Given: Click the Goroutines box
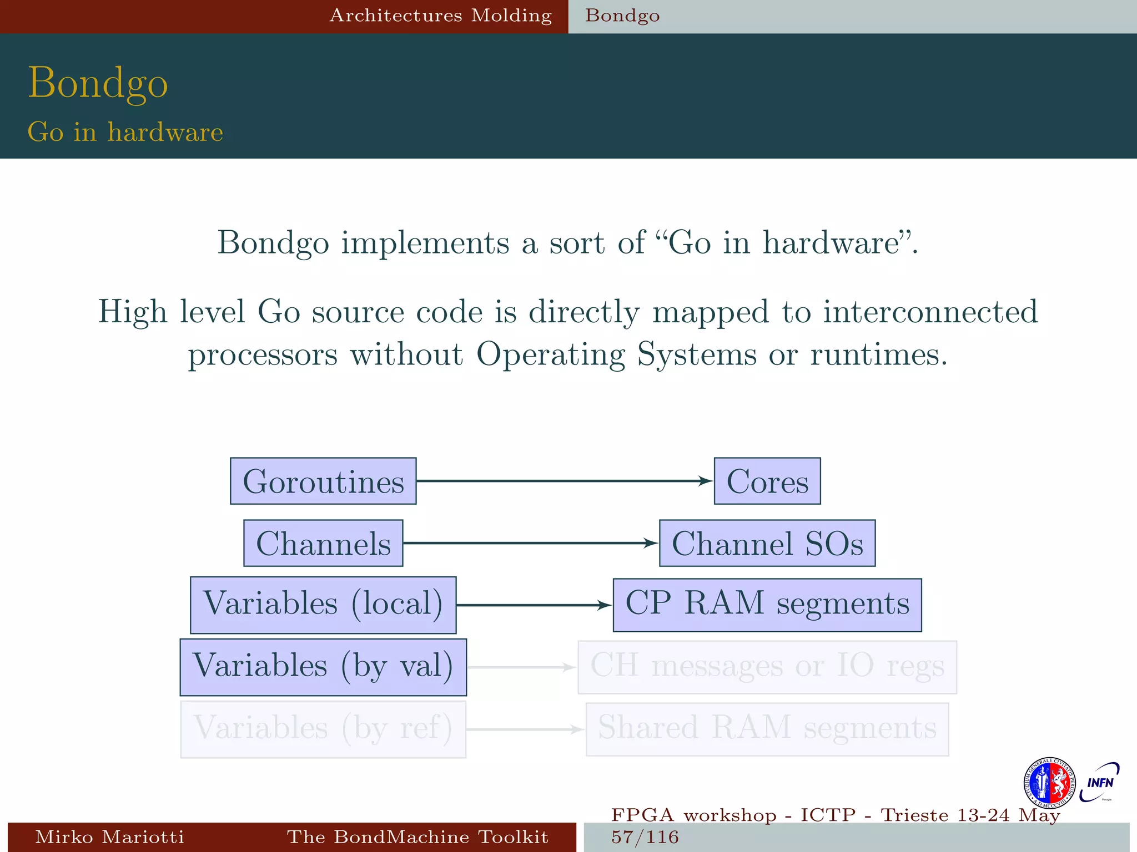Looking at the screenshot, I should pyautogui.click(x=323, y=481).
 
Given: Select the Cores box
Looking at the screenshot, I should pyautogui.click(x=767, y=481).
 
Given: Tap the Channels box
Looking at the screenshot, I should pyautogui.click(x=323, y=543).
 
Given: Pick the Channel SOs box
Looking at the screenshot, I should pyautogui.click(x=767, y=543).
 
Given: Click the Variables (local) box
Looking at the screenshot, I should pyautogui.click(x=323, y=605).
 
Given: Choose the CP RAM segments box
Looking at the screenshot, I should pyautogui.click(x=767, y=605).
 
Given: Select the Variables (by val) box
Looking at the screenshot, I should pyautogui.click(x=323, y=667).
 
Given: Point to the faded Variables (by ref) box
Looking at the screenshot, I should pyautogui.click(x=323, y=729).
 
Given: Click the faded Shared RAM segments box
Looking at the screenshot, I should pyautogui.click(x=767, y=729).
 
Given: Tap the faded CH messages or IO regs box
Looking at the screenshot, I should pyautogui.click(x=767, y=667).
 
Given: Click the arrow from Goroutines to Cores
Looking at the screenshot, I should pyautogui.click(x=564, y=481).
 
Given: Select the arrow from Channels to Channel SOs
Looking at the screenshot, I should pyautogui.click(x=530, y=543).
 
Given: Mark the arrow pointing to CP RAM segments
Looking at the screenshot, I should pyautogui.click(x=533, y=605).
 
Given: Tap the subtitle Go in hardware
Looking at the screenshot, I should pyautogui.click(x=125, y=132).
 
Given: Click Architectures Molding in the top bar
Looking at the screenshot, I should pyautogui.click(x=441, y=16).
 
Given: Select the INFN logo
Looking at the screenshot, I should pyautogui.click(x=1099, y=783).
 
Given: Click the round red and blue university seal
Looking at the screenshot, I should pyautogui.click(x=1049, y=783).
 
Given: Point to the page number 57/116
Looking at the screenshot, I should pyautogui.click(x=645, y=837).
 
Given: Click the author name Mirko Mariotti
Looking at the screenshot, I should pyautogui.click(x=109, y=837).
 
